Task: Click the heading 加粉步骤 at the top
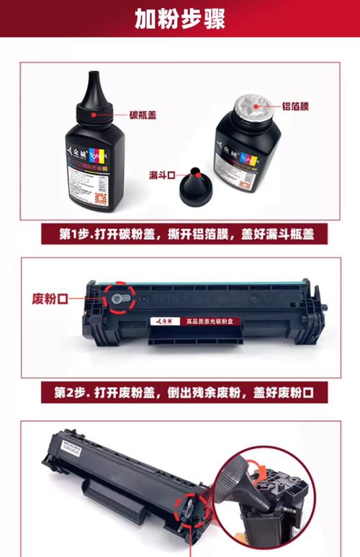(179, 19)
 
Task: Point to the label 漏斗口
(163, 175)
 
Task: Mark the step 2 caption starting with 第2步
(180, 393)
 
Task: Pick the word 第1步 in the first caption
(76, 235)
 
